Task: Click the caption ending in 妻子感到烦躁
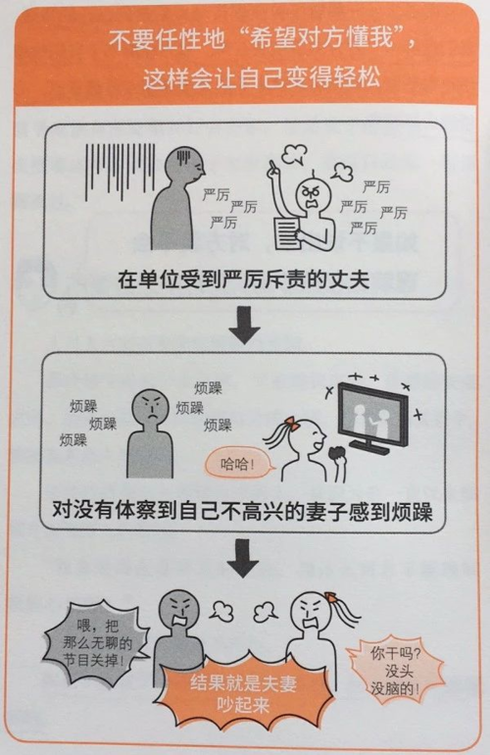pyautogui.click(x=244, y=509)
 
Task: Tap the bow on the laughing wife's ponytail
pyautogui.click(x=290, y=423)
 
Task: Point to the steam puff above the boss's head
pyautogui.click(x=295, y=148)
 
